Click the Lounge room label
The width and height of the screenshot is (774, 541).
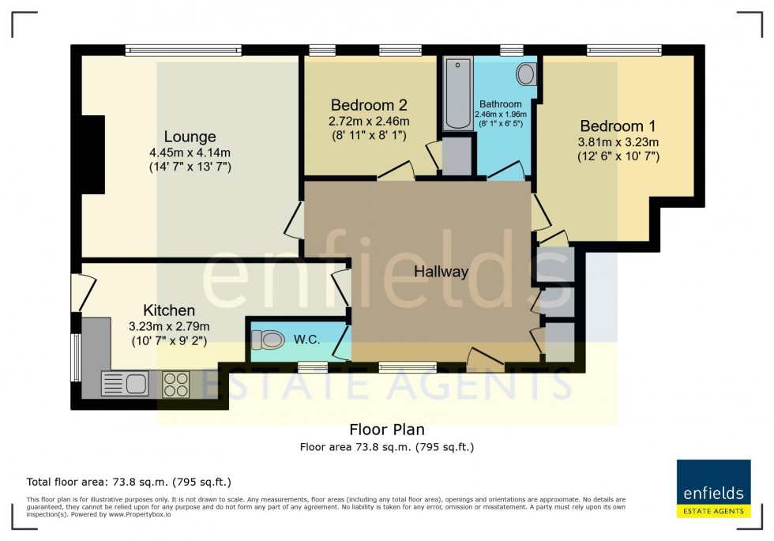click(190, 137)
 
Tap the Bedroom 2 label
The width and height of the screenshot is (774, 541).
click(369, 105)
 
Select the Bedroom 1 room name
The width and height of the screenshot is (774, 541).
click(618, 126)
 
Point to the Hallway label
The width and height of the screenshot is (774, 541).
click(441, 272)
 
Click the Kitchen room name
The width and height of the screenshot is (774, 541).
click(169, 310)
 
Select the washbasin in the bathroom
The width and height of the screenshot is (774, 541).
click(525, 75)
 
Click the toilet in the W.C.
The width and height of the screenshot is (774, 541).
click(268, 340)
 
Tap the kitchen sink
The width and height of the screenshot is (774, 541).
click(126, 385)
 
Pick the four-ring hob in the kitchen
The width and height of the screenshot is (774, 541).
click(175, 384)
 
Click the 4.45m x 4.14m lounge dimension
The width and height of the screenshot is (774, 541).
click(190, 152)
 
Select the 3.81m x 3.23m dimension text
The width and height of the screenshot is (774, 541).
click(618, 142)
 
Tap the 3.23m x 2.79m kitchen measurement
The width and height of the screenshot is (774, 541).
click(169, 326)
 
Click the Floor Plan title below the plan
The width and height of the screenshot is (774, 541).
click(386, 430)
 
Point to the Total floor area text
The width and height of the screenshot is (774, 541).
click(129, 481)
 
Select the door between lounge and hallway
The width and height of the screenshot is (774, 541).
click(294, 219)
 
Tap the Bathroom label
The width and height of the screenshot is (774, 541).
click(500, 104)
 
